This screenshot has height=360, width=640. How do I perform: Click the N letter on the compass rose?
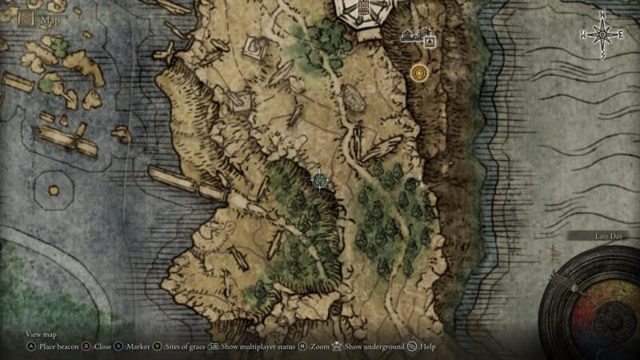(x=602, y=15)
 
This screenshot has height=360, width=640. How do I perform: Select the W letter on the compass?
(x=585, y=34)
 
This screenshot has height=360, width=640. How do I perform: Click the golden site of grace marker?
(x=420, y=74)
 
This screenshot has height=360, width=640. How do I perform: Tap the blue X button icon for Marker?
(x=119, y=347)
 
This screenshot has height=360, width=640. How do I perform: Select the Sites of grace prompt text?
(x=185, y=347)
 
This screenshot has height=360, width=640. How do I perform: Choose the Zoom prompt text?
(x=321, y=347)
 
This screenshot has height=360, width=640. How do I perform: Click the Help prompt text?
(x=428, y=347)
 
